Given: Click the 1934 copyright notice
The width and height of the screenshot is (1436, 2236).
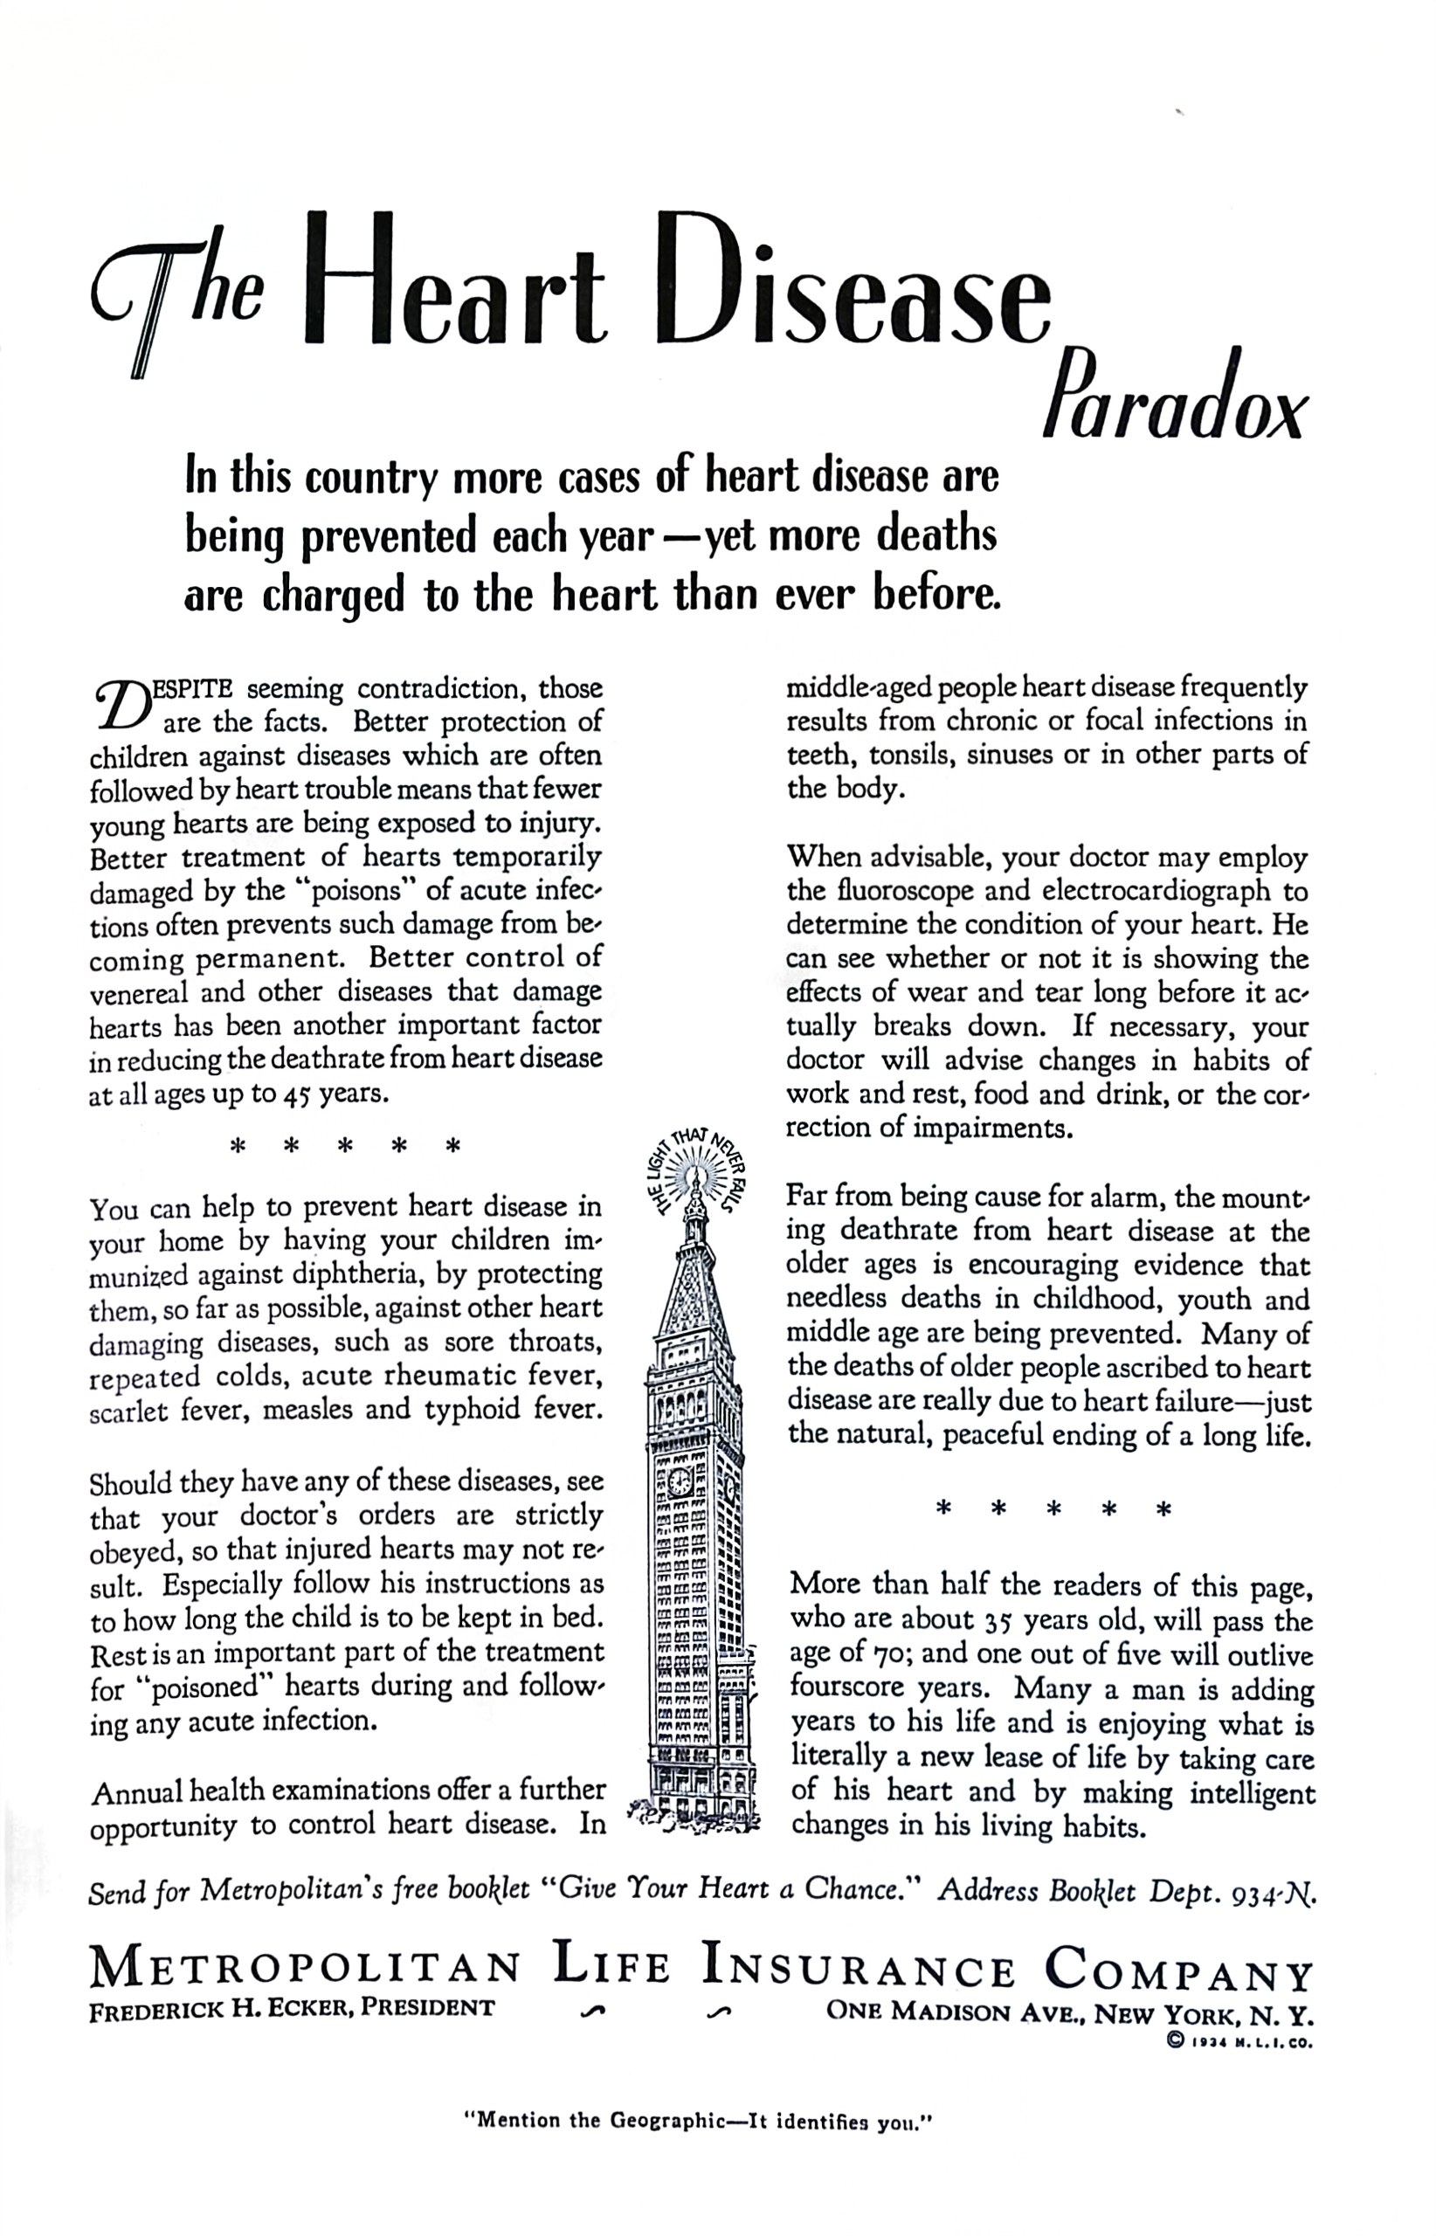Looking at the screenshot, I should [1239, 2041].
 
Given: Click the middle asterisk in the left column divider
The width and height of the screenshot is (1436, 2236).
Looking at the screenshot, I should [344, 1146].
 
